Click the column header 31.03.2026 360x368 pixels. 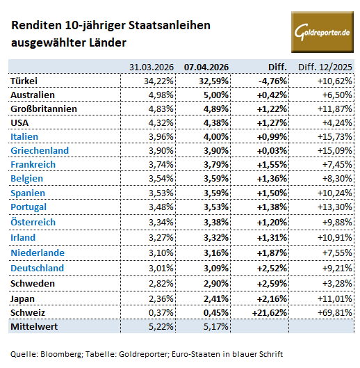coord(152,67)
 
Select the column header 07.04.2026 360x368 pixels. coord(206,67)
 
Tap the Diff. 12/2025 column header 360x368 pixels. coord(325,67)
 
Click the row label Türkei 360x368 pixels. coord(26,81)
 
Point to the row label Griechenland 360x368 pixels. coord(40,150)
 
